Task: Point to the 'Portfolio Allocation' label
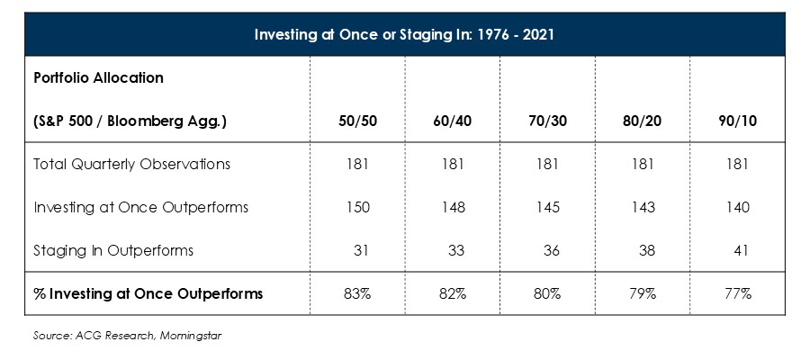[98, 77]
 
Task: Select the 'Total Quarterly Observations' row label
[131, 164]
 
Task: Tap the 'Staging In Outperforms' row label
[112, 250]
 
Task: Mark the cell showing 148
[453, 207]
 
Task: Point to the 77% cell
[737, 294]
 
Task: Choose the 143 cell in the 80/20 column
[643, 207]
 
